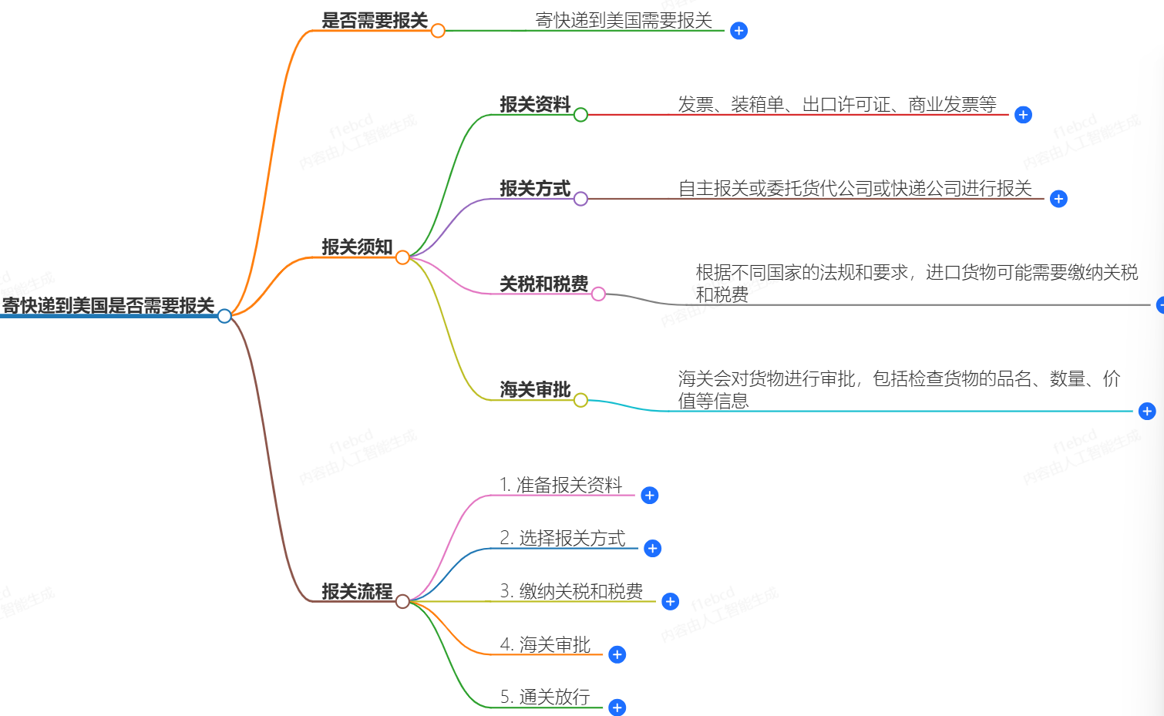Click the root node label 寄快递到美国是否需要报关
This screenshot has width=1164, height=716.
pyautogui.click(x=108, y=305)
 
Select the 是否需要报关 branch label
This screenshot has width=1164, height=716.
pyautogui.click(x=374, y=21)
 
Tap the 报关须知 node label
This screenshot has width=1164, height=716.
pyautogui.click(x=357, y=247)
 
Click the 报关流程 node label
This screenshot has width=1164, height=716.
pyautogui.click(x=357, y=592)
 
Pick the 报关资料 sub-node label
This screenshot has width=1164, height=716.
pyautogui.click(x=535, y=104)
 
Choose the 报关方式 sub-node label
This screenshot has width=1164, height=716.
pyautogui.click(x=535, y=189)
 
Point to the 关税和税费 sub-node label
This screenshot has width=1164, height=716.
pyautogui.click(x=543, y=284)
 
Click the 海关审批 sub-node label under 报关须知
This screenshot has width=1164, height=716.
pyautogui.click(x=535, y=390)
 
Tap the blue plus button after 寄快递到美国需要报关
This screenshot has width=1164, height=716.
pyautogui.click(x=738, y=31)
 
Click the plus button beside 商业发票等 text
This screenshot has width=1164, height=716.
pyautogui.click(x=1023, y=115)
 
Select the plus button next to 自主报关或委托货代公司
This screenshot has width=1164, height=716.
pyautogui.click(x=1058, y=199)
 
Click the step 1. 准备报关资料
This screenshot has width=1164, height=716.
pyautogui.click(x=560, y=485)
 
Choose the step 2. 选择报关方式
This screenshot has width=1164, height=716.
pyautogui.click(x=563, y=538)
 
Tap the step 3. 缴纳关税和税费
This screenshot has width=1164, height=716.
pyautogui.click(x=571, y=591)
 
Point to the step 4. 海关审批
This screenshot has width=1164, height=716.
pyautogui.click(x=545, y=644)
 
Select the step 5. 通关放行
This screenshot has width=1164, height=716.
pyautogui.click(x=545, y=698)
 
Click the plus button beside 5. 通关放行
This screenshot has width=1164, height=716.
pyautogui.click(x=617, y=708)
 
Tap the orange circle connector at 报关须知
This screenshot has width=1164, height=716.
pyautogui.click(x=402, y=257)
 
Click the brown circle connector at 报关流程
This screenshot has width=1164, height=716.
pyautogui.click(x=402, y=601)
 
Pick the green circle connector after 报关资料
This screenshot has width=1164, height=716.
pyautogui.click(x=580, y=115)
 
